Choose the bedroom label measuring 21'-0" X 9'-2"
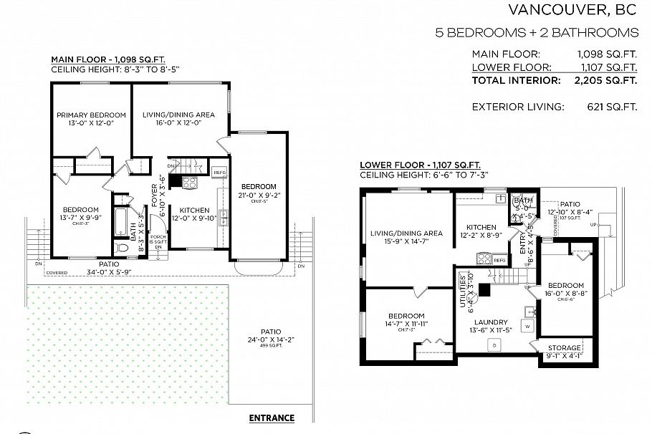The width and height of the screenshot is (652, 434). (259, 190)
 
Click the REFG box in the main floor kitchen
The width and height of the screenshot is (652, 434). (220, 173)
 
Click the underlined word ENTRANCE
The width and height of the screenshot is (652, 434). (271, 418)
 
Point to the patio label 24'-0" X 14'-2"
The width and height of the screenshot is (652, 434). (270, 336)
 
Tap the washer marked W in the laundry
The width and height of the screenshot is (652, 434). (527, 326)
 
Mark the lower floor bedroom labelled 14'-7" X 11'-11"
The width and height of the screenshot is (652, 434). (406, 320)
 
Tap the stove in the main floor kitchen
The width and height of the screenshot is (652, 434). (190, 183)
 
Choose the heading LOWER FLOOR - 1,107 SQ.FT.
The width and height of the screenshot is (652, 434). (420, 165)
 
